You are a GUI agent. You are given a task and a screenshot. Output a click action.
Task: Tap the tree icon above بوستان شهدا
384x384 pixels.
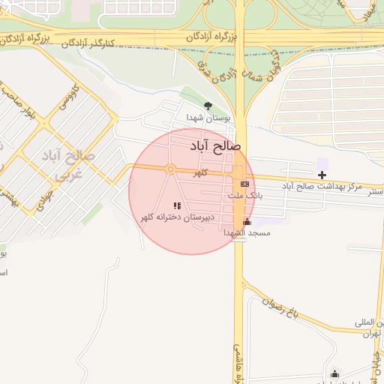pyautogui.click(x=208, y=106)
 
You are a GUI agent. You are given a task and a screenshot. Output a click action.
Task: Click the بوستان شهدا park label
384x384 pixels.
pyautogui.click(x=208, y=118)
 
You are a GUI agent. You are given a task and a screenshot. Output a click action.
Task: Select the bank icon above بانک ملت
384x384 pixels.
pyautogui.click(x=245, y=184)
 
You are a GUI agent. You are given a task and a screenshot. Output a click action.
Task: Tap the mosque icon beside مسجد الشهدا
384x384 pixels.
pyautogui.click(x=247, y=222)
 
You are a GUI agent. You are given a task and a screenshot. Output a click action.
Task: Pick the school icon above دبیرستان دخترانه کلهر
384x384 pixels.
pyautogui.click(x=177, y=205)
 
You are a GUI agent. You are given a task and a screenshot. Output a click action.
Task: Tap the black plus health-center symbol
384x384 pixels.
pyautogui.click(x=322, y=175)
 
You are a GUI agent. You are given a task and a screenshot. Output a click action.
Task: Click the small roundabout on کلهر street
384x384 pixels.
pyautogui.click(x=170, y=169)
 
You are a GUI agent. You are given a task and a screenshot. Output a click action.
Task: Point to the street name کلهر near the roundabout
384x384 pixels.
pyautogui.click(x=199, y=174)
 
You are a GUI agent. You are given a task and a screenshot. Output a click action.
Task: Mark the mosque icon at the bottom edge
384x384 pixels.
pyautogui.click(x=334, y=374)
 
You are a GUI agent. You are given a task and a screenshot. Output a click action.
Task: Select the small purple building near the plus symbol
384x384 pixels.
pyautogui.click(x=322, y=163)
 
